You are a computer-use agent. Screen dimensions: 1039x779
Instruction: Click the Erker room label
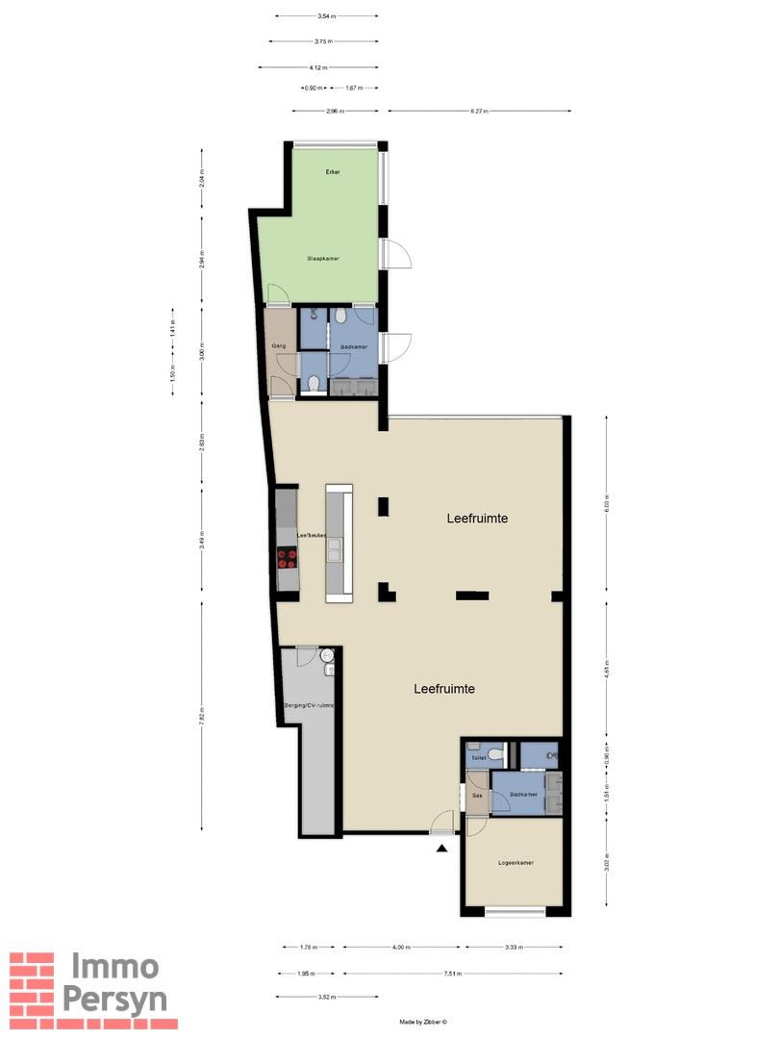[333, 171]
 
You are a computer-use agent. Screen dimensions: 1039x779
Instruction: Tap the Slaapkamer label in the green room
[323, 259]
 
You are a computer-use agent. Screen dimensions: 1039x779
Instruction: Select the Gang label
[279, 345]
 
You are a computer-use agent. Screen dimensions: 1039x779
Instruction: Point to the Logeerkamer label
[516, 863]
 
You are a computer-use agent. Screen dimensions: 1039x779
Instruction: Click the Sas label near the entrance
[476, 796]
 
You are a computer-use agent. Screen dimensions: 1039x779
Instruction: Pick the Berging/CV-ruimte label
[309, 706]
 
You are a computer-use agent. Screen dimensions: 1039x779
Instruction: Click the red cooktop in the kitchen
[287, 558]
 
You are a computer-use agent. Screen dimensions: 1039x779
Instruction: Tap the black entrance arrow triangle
[442, 848]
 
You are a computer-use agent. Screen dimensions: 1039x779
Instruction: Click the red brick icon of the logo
[32, 984]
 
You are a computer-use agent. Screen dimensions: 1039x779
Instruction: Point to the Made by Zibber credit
[423, 1022]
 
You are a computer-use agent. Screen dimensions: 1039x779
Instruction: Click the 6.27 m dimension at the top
[480, 112]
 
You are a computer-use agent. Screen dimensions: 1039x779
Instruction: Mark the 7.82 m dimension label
[202, 713]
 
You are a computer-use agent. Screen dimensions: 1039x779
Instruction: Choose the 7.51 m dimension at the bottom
[452, 974]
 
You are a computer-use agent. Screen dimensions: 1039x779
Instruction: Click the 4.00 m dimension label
[403, 948]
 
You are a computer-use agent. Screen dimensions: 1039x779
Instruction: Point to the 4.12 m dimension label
[318, 67]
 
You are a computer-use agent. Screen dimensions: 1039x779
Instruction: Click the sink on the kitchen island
[339, 550]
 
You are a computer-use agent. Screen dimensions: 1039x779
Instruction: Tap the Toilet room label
[478, 759]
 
